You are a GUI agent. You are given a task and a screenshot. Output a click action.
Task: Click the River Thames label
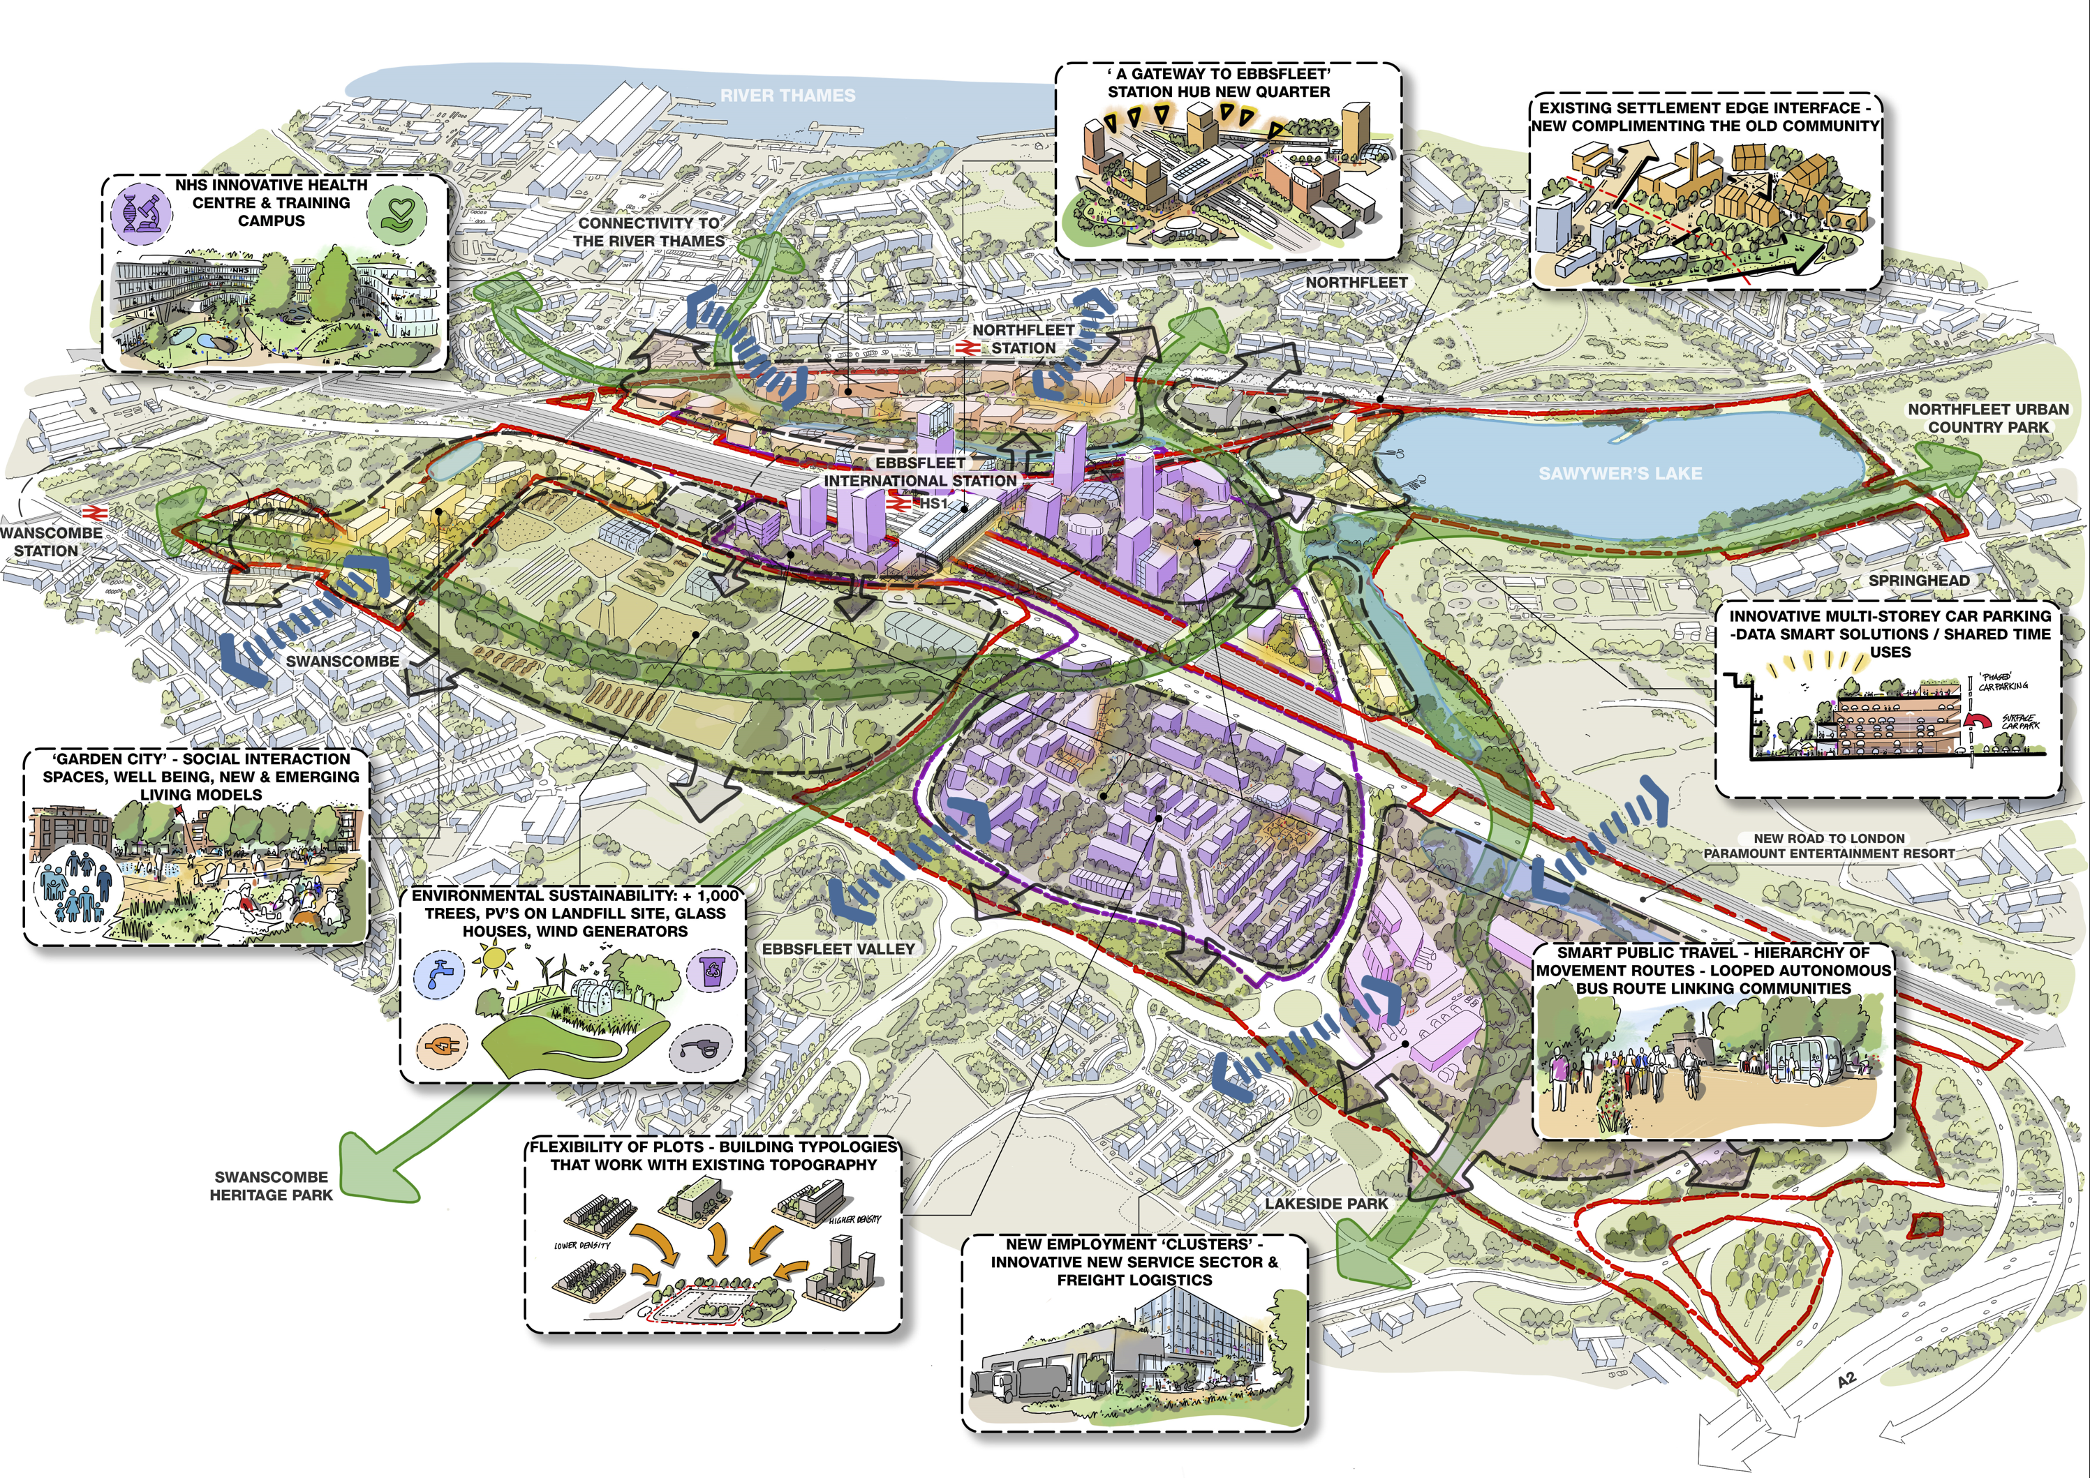pyautogui.click(x=787, y=96)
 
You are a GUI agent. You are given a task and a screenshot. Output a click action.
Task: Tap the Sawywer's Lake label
pyautogui.click(x=1620, y=473)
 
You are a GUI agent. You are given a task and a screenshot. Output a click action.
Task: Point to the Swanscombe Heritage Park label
pyautogui.click(x=272, y=1186)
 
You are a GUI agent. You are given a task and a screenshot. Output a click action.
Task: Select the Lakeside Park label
pyautogui.click(x=1326, y=1203)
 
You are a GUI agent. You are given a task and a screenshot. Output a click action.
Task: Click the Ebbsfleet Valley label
pyautogui.click(x=838, y=948)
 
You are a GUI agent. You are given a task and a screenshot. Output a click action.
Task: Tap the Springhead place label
pyautogui.click(x=1919, y=581)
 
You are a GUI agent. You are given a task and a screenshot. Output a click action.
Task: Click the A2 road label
pyautogui.click(x=1845, y=1380)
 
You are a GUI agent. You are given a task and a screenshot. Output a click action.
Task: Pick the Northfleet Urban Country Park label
pyautogui.click(x=1988, y=419)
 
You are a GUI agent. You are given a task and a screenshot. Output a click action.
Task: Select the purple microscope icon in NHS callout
pyautogui.click(x=140, y=210)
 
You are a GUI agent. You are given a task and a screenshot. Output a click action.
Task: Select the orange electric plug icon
pyautogui.click(x=443, y=1047)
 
